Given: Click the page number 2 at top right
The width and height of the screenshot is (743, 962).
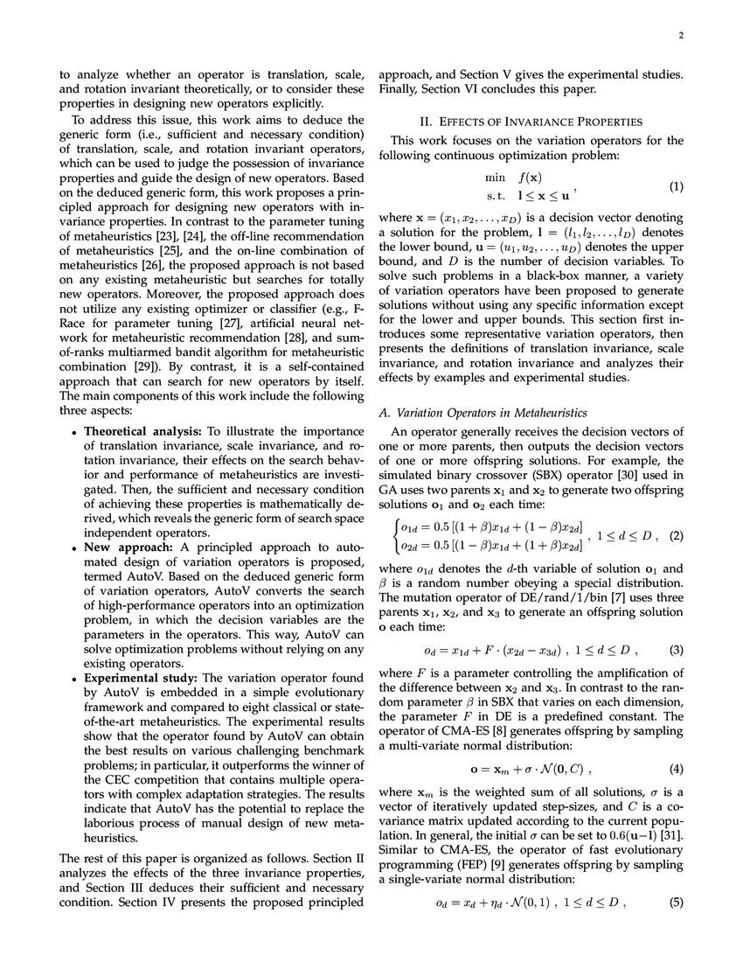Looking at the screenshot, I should coord(678,37).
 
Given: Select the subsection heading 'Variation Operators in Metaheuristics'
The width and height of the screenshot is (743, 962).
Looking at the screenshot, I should coord(490,412).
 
